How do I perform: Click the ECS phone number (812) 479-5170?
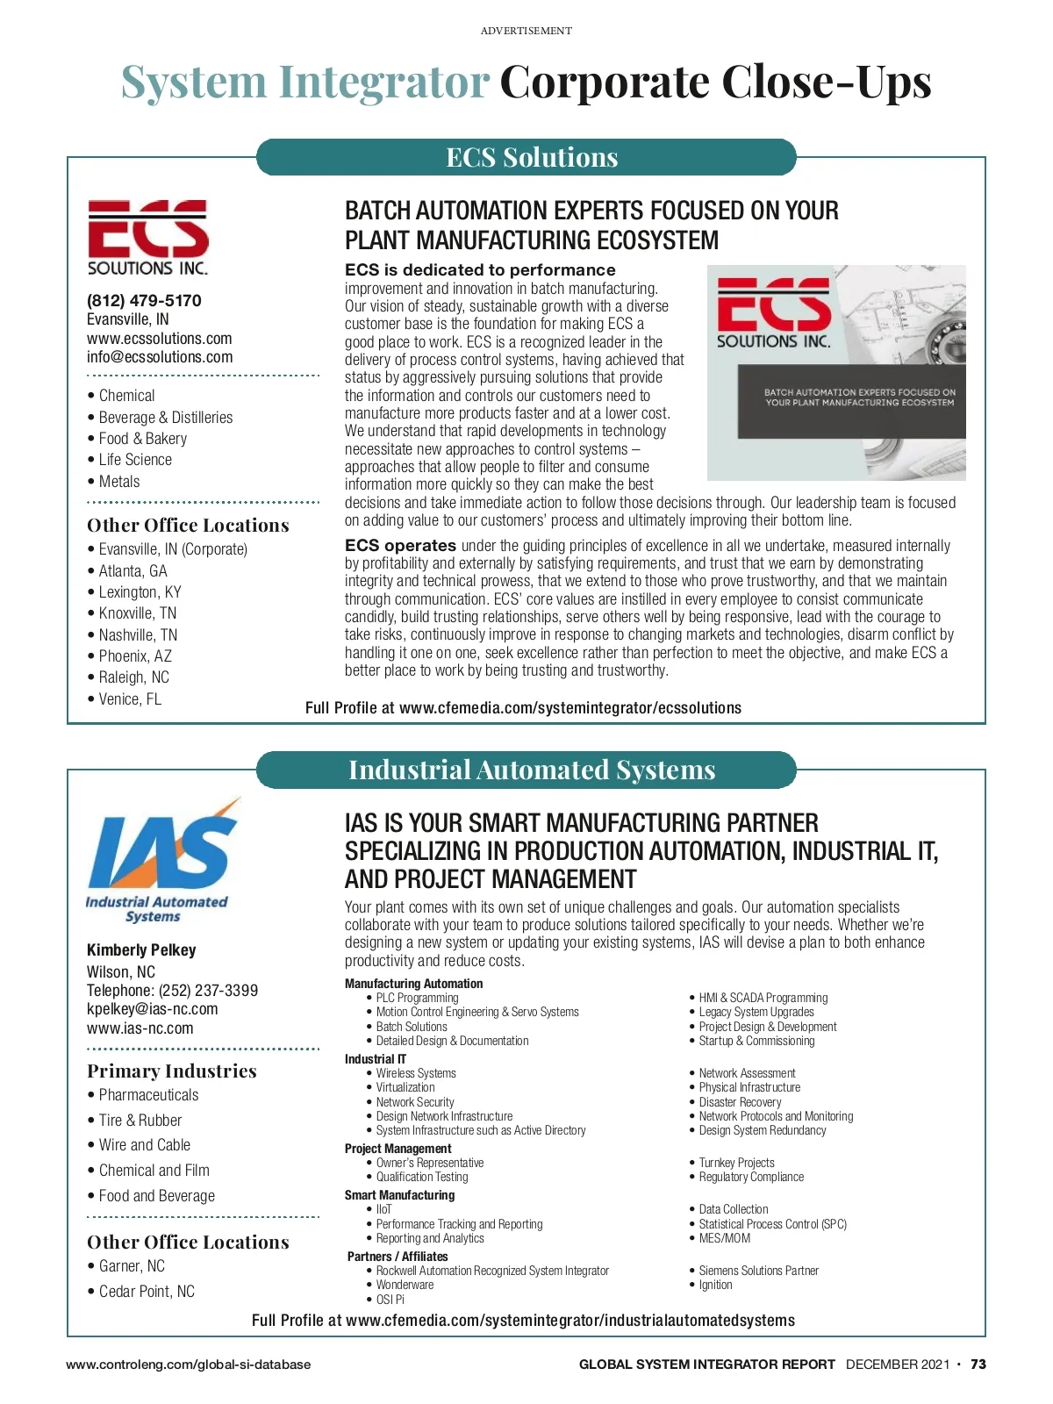pyautogui.click(x=144, y=300)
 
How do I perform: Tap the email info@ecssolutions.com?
pyautogui.click(x=160, y=357)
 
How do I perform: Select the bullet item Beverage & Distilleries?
pyautogui.click(x=166, y=418)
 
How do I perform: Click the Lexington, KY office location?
pyautogui.click(x=140, y=592)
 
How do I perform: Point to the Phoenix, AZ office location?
pyautogui.click(x=135, y=656)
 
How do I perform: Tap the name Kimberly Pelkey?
pyautogui.click(x=141, y=950)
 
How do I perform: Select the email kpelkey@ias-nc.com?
pyautogui.click(x=153, y=1009)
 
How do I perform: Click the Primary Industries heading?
pyautogui.click(x=172, y=1071)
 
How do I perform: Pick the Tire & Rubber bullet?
pyautogui.click(x=140, y=1121)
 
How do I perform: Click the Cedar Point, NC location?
pyautogui.click(x=147, y=1292)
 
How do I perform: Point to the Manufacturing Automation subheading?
pyautogui.click(x=413, y=984)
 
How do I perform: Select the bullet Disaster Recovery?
pyautogui.click(x=740, y=1102)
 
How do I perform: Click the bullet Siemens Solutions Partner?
pyautogui.click(x=758, y=1271)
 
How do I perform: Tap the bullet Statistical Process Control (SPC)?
pyautogui.click(x=772, y=1224)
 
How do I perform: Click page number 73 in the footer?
pyautogui.click(x=978, y=1365)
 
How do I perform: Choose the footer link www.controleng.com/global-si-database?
pyautogui.click(x=188, y=1365)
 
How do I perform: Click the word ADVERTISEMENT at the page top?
pyautogui.click(x=526, y=31)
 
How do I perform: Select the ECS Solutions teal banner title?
pyautogui.click(x=532, y=157)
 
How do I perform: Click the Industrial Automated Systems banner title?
pyautogui.click(x=532, y=770)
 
